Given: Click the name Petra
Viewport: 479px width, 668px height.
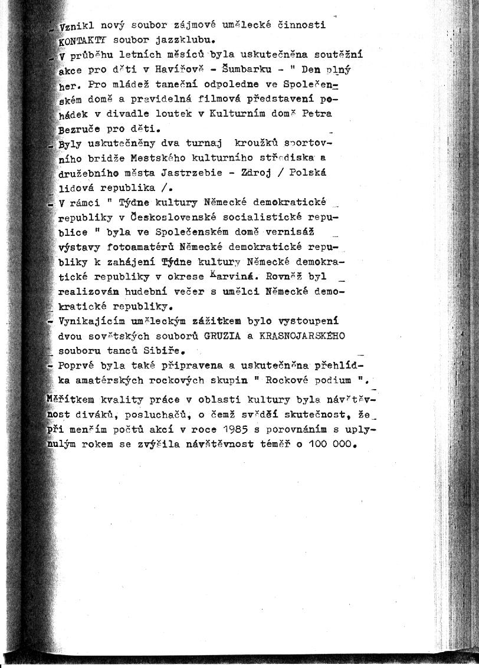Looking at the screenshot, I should tap(317, 113).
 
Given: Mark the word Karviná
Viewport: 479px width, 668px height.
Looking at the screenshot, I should tap(234, 277).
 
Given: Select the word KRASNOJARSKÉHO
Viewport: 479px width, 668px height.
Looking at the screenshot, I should tap(302, 335).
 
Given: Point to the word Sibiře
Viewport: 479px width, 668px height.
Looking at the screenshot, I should tap(156, 350).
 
